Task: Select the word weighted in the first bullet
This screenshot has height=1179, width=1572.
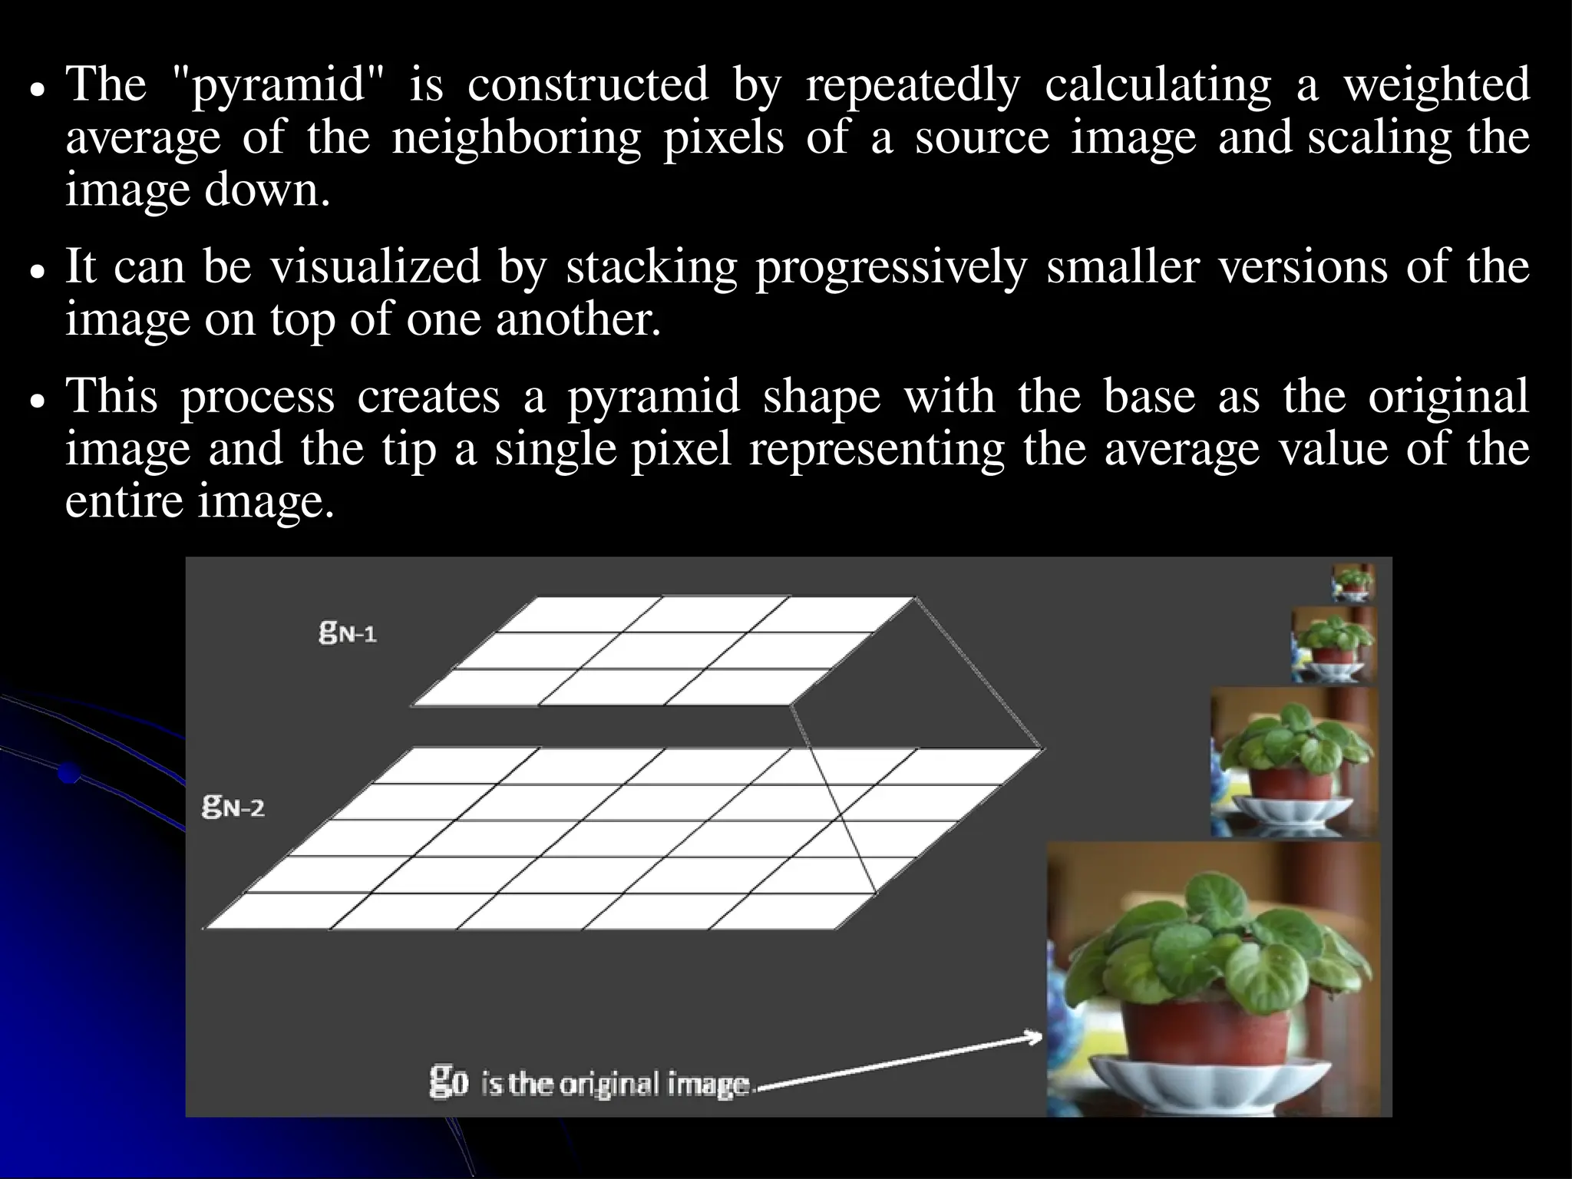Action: tap(1436, 86)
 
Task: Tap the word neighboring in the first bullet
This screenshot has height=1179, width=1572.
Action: tap(516, 140)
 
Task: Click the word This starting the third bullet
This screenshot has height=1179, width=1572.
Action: tap(113, 397)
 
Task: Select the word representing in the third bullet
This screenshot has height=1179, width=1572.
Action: tap(877, 450)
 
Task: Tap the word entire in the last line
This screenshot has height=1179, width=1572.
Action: tap(123, 502)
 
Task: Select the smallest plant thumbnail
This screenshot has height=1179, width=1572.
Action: tap(1352, 583)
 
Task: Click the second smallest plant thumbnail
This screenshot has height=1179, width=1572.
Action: tap(1333, 645)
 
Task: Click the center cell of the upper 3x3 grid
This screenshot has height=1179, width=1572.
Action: tap(663, 651)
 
